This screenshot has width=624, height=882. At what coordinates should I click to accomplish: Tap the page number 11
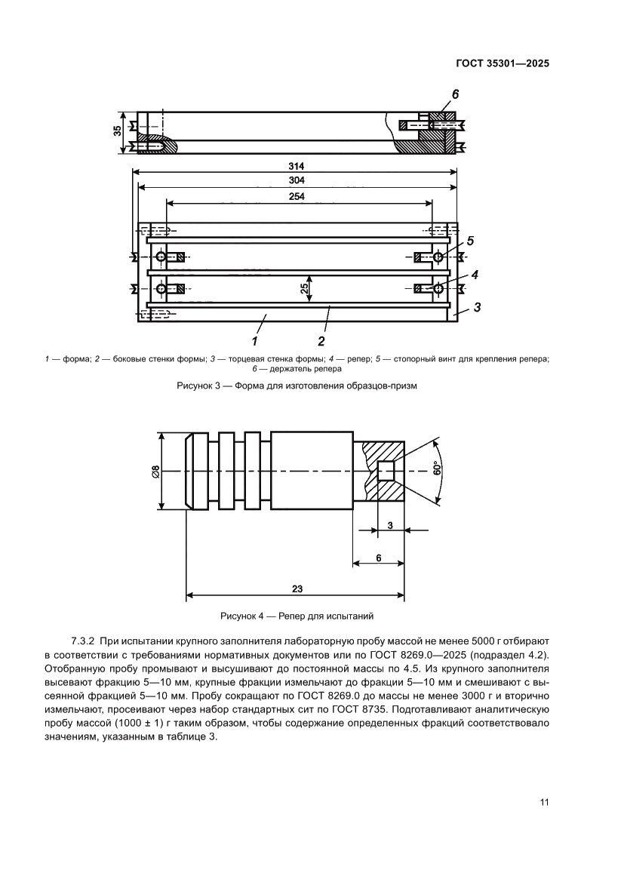click(x=543, y=801)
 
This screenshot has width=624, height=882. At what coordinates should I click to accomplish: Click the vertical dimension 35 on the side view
click(x=118, y=132)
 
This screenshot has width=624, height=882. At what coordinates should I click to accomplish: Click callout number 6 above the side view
click(x=455, y=94)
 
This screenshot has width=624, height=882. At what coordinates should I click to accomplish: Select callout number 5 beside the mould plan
click(x=470, y=241)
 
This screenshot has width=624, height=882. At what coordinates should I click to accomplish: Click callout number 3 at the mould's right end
click(x=478, y=307)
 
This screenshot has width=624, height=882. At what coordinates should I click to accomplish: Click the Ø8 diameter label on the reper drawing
click(x=155, y=472)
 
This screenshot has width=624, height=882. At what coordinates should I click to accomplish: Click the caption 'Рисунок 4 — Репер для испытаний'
click(x=297, y=616)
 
